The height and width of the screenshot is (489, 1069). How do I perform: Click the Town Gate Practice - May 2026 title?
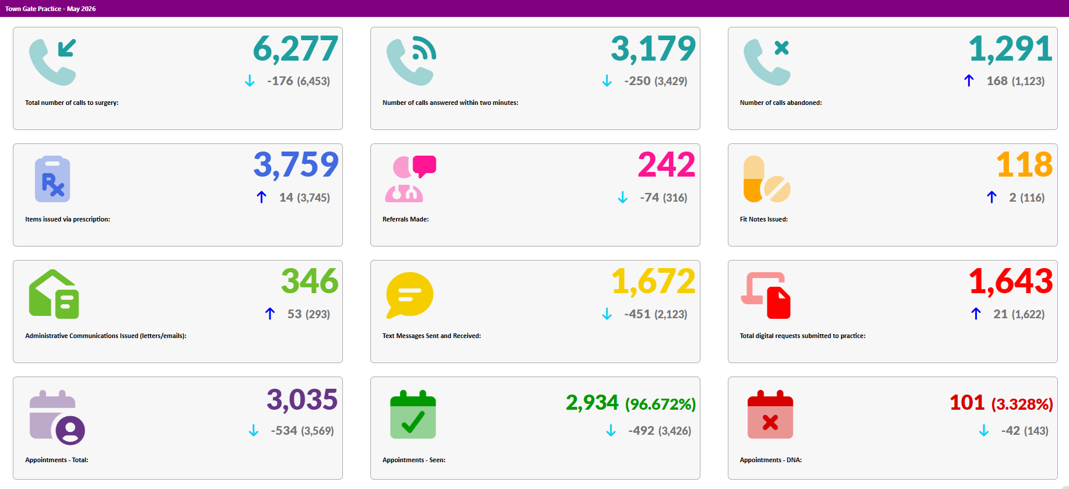point(51,9)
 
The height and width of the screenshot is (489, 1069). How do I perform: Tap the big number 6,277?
point(296,49)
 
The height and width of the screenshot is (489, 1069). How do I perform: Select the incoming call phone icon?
point(53,62)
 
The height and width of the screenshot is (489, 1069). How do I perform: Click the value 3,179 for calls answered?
point(653,49)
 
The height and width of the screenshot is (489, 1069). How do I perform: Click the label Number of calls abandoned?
point(781,103)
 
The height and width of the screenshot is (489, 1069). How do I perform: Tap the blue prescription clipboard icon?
point(52,179)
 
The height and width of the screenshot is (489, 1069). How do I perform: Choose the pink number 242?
point(667,165)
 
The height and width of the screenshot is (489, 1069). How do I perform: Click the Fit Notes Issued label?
point(764,219)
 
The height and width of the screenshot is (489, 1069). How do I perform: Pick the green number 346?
point(310,282)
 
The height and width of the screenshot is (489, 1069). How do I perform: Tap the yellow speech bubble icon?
point(410,295)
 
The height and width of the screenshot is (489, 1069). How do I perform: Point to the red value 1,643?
point(1011,282)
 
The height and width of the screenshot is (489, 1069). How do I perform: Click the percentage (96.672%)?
point(661,404)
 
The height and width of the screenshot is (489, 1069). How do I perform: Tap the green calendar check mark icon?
point(413,414)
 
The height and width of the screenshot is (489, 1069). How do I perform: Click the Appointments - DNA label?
point(771,460)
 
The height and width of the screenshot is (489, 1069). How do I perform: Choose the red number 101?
point(967,403)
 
